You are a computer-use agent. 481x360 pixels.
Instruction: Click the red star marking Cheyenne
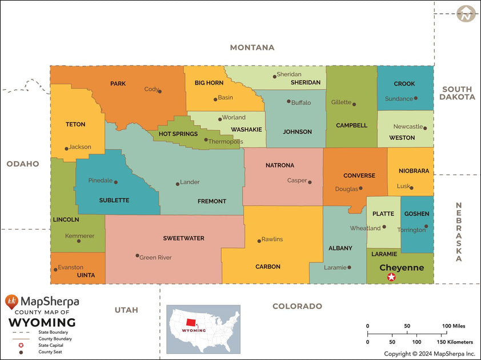click(391, 277)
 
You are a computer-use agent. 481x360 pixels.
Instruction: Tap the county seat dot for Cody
click(159, 91)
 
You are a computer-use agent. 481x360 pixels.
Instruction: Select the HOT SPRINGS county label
click(178, 134)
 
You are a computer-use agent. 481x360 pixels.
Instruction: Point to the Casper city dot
click(310, 182)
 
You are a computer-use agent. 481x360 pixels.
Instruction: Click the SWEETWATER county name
click(183, 238)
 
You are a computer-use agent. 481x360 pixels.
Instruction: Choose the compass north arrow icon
click(466, 14)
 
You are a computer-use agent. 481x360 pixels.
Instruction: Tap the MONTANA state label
click(252, 47)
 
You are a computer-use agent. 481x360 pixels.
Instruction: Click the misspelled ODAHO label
click(23, 164)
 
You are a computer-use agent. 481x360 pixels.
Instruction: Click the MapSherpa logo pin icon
click(11, 302)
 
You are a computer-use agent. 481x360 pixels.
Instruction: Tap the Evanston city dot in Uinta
click(55, 270)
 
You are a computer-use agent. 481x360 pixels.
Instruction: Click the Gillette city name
click(341, 102)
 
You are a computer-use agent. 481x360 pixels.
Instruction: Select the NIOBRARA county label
click(410, 171)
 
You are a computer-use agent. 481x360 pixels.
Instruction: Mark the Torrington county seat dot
click(426, 226)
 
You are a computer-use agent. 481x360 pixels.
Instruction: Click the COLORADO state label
click(297, 306)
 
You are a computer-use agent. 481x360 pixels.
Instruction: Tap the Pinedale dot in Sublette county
click(116, 182)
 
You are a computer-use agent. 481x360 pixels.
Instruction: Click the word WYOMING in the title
click(42, 322)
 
